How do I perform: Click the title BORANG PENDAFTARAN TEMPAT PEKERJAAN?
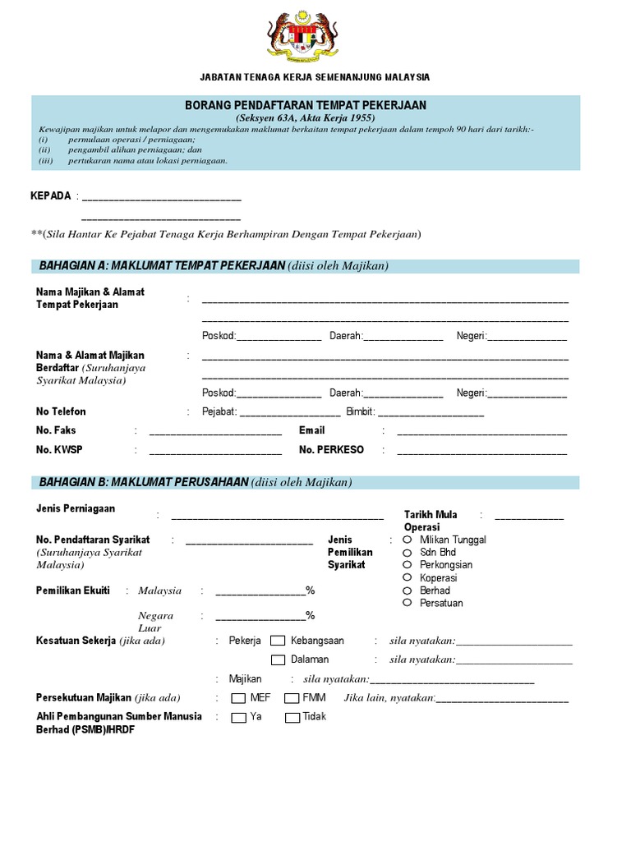coord(305,105)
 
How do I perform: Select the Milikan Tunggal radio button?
coord(407,540)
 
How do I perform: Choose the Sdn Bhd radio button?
coord(407,553)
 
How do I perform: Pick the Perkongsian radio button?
coord(407,565)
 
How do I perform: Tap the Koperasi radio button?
coord(407,577)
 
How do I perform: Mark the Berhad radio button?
coord(407,591)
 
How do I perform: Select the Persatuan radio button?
coord(407,603)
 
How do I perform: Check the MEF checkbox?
coord(238,698)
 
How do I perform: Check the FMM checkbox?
coord(292,698)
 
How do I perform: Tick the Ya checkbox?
coord(238,717)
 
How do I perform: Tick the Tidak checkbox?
coord(292,717)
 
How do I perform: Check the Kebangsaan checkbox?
coord(278,641)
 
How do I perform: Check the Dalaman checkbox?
coord(278,659)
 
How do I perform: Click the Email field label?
coord(311,430)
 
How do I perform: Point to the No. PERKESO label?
coord(331,450)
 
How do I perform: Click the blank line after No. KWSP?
coord(215,451)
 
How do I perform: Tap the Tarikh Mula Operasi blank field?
coord(529,517)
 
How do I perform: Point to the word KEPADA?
coord(50,196)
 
